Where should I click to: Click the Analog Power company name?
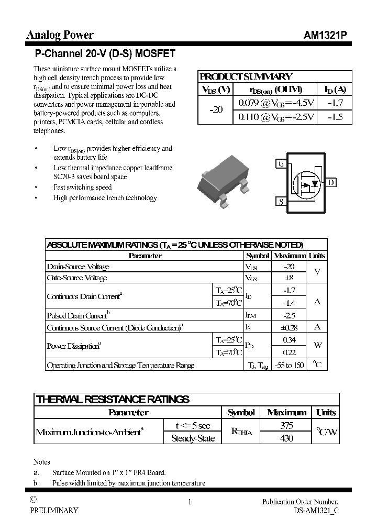point(60,35)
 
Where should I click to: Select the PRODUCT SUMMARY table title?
point(246,76)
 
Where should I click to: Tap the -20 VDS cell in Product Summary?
point(216,110)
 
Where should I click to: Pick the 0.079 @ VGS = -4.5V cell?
point(276,103)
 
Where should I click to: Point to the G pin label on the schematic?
point(281,164)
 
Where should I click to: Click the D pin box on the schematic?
point(332,182)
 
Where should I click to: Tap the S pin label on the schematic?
point(281,201)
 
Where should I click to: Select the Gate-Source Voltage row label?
point(77,278)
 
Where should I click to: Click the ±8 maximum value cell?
point(289,278)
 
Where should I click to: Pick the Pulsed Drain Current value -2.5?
point(289,315)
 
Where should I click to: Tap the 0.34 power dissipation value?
point(289,340)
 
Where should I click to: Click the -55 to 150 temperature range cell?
point(289,365)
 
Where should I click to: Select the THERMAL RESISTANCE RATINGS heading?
point(113,400)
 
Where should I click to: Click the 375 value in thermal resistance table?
point(286,426)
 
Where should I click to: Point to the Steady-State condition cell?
point(193,438)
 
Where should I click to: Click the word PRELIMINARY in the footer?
point(54,510)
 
